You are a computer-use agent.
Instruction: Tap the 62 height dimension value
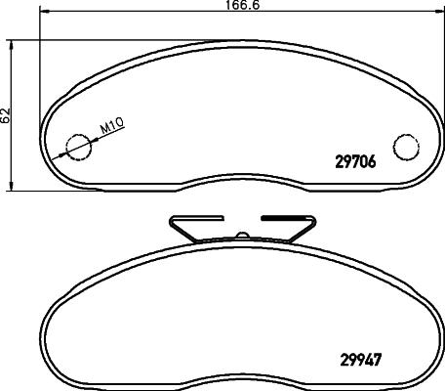point(6,114)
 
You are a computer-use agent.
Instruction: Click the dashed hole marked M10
point(75,147)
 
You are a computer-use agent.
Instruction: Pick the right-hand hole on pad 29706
point(405,146)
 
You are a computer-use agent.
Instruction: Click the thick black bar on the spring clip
point(284,218)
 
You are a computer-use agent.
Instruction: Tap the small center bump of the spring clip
point(240,236)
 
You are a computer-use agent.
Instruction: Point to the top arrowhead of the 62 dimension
point(13,44)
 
